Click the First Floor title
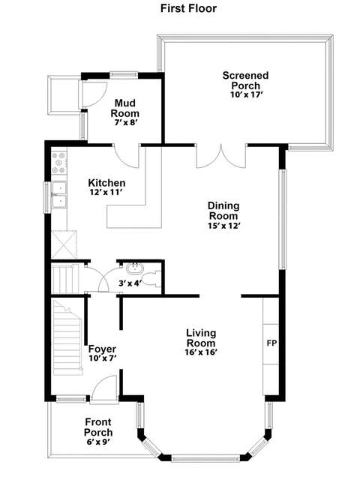click(x=188, y=8)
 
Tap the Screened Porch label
click(x=245, y=80)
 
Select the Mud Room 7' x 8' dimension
click(x=125, y=122)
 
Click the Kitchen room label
click(x=106, y=183)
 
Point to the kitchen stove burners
click(x=59, y=163)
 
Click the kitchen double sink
click(x=59, y=195)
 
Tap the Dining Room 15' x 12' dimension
click(x=224, y=226)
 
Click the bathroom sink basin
click(x=135, y=268)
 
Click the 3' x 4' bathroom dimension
click(x=130, y=283)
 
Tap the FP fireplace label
click(x=271, y=343)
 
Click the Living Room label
click(x=201, y=337)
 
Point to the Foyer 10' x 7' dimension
click(x=103, y=358)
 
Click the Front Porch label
click(x=98, y=427)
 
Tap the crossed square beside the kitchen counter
click(x=64, y=244)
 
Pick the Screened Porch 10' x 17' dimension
click(x=247, y=94)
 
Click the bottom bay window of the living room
click(x=206, y=458)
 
